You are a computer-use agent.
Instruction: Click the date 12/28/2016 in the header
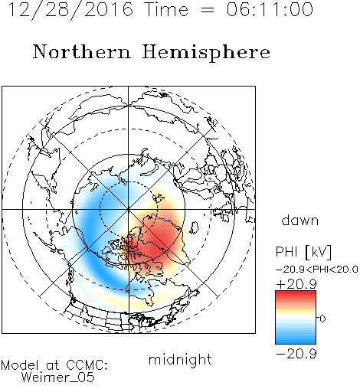[71, 9]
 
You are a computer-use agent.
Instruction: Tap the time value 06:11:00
[270, 9]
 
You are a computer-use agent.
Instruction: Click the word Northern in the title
[82, 51]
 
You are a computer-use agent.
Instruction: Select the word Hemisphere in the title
[206, 53]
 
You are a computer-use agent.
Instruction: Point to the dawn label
[300, 220]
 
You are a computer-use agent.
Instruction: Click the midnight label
[180, 359]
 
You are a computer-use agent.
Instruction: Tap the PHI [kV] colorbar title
[303, 252]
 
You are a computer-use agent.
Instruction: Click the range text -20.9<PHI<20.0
[316, 270]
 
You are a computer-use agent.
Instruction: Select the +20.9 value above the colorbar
[296, 284]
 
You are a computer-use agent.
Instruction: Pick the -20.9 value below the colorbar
[296, 354]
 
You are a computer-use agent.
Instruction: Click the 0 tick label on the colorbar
[322, 319]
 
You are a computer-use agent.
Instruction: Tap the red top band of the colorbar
[296, 295]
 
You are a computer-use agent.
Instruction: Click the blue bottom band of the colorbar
[296, 340]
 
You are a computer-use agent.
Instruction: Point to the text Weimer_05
[58, 378]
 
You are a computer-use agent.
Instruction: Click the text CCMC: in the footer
[87, 365]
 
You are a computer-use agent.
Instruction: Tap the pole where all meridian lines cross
[129, 209]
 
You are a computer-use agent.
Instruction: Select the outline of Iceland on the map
[195, 227]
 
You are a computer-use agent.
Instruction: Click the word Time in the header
[166, 9]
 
